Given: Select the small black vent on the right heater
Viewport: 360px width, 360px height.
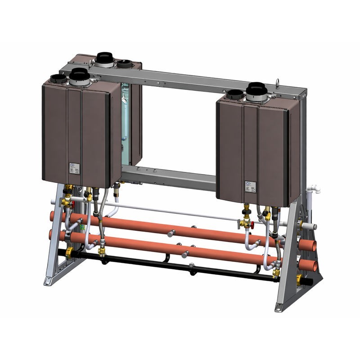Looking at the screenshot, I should coord(235,95).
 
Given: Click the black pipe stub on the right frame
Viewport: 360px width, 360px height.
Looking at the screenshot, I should coord(310,282).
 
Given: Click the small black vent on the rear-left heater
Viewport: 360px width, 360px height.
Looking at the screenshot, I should coord(125,64).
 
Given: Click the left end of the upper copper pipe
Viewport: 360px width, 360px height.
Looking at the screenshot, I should coord(53,216).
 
